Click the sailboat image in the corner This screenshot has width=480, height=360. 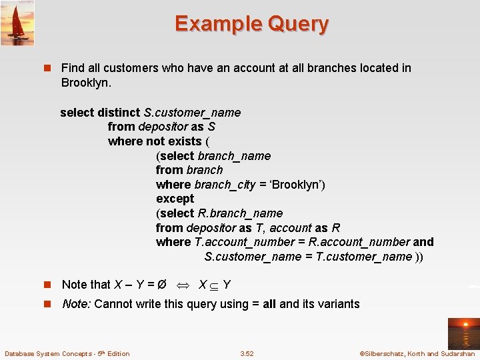[x=17, y=23]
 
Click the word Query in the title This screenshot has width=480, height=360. [x=298, y=24]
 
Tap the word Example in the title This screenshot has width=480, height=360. [x=218, y=24]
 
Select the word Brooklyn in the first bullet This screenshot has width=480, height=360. [x=85, y=83]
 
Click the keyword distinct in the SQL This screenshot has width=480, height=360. [x=119, y=113]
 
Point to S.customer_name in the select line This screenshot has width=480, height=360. [x=193, y=113]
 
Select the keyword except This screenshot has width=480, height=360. [x=175, y=199]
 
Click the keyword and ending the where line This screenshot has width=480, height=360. [x=423, y=242]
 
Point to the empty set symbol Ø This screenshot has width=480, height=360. [x=161, y=285]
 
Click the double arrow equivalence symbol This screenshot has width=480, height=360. [x=182, y=285]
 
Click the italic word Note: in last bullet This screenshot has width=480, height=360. [x=77, y=304]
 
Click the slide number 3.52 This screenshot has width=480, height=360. [x=247, y=353]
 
